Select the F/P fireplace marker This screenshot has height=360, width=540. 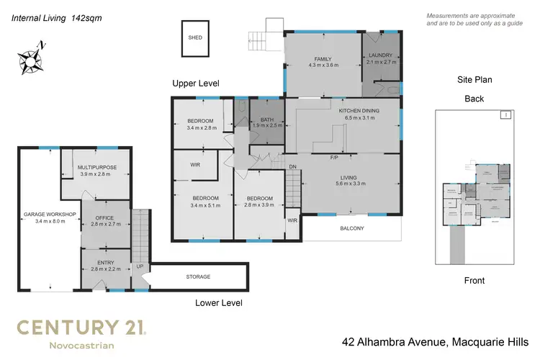pyautogui.click(x=334, y=157)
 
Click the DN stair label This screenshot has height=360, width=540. pyautogui.click(x=292, y=167)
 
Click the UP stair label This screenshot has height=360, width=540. pyautogui.click(x=140, y=267)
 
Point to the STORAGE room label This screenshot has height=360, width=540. pyautogui.click(x=198, y=276)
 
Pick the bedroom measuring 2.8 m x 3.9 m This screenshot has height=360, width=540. pyautogui.click(x=259, y=201)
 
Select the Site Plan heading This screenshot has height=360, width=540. pyautogui.click(x=474, y=80)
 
